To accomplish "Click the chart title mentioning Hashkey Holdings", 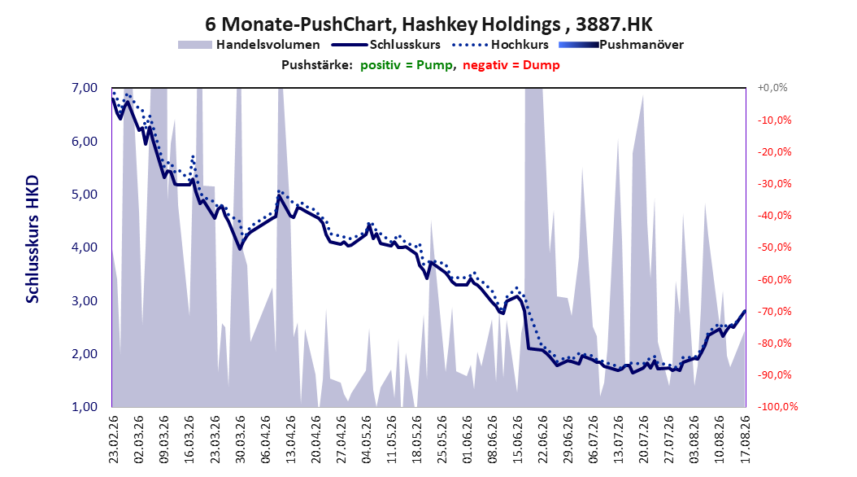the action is click(428, 24).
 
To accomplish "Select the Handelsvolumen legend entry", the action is click(249, 45).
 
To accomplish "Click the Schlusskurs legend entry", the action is click(386, 45).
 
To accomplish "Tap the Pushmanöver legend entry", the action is click(621, 45).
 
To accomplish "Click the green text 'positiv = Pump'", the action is click(407, 65).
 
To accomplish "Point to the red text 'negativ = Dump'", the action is click(511, 65).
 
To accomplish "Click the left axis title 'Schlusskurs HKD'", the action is click(33, 239).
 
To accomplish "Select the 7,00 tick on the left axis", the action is click(85, 88).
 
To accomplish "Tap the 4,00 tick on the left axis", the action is click(85, 247).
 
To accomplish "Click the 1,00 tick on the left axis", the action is click(85, 407).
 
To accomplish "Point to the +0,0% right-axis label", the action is click(772, 88).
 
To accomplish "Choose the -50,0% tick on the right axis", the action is click(774, 247).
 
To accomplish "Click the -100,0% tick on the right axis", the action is click(777, 407).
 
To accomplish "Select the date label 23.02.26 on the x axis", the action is click(114, 440).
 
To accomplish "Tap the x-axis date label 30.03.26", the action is click(240, 440).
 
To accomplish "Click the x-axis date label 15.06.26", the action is click(518, 440).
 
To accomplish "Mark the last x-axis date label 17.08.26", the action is click(745, 440).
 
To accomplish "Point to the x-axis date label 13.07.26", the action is click(619, 440).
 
